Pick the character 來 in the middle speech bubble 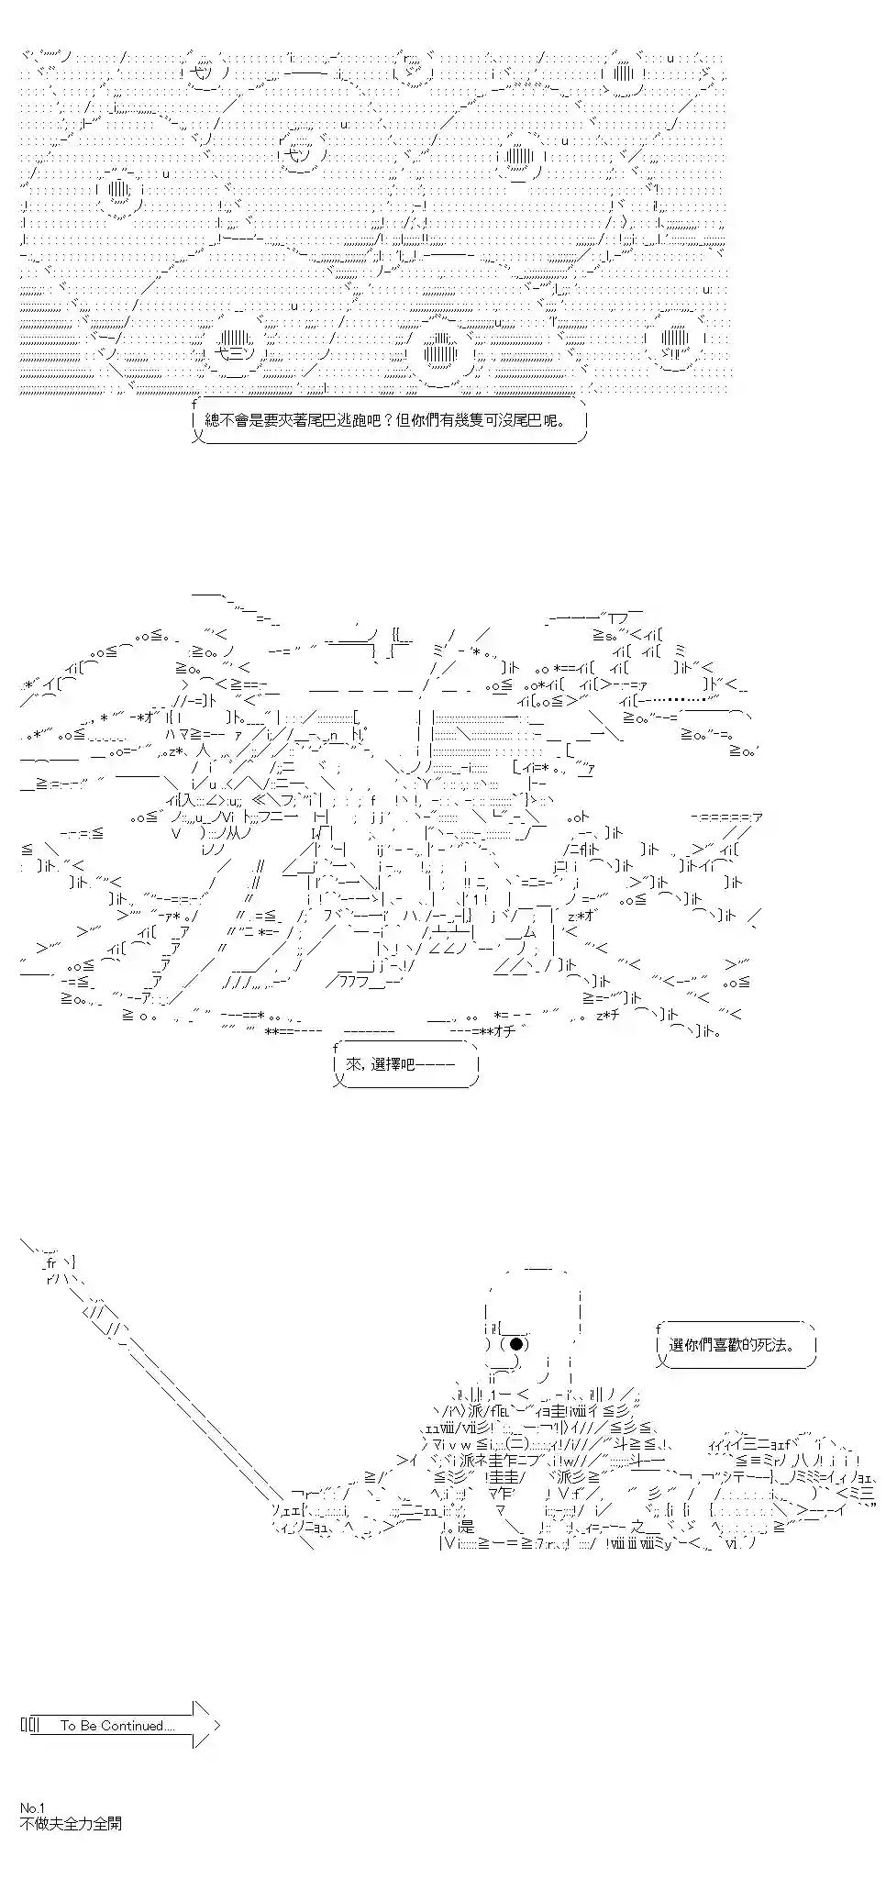354,1064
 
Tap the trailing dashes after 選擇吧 440,1064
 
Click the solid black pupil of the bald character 517,1344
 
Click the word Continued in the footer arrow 138,1726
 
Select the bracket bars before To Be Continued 31,1726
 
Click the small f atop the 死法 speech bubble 659,1328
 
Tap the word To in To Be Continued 68,1726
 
